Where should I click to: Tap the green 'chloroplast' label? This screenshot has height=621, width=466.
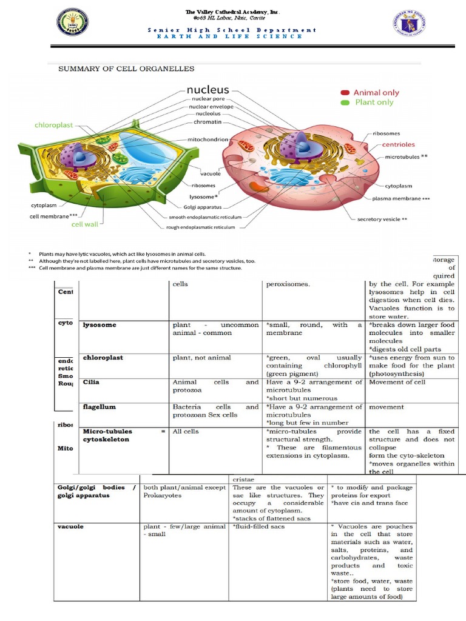[53, 125]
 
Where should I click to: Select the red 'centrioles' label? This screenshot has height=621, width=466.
[399, 144]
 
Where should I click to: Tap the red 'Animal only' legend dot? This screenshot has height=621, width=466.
[345, 93]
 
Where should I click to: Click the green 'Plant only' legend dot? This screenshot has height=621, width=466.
[345, 102]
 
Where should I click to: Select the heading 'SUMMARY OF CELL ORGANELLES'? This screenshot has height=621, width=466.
[126, 69]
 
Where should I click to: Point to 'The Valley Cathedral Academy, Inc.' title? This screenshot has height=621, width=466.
[233, 12]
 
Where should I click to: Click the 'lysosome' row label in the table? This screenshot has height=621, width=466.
[99, 325]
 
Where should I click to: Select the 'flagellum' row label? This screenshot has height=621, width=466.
[99, 407]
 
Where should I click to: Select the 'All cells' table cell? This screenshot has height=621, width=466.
[185, 432]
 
